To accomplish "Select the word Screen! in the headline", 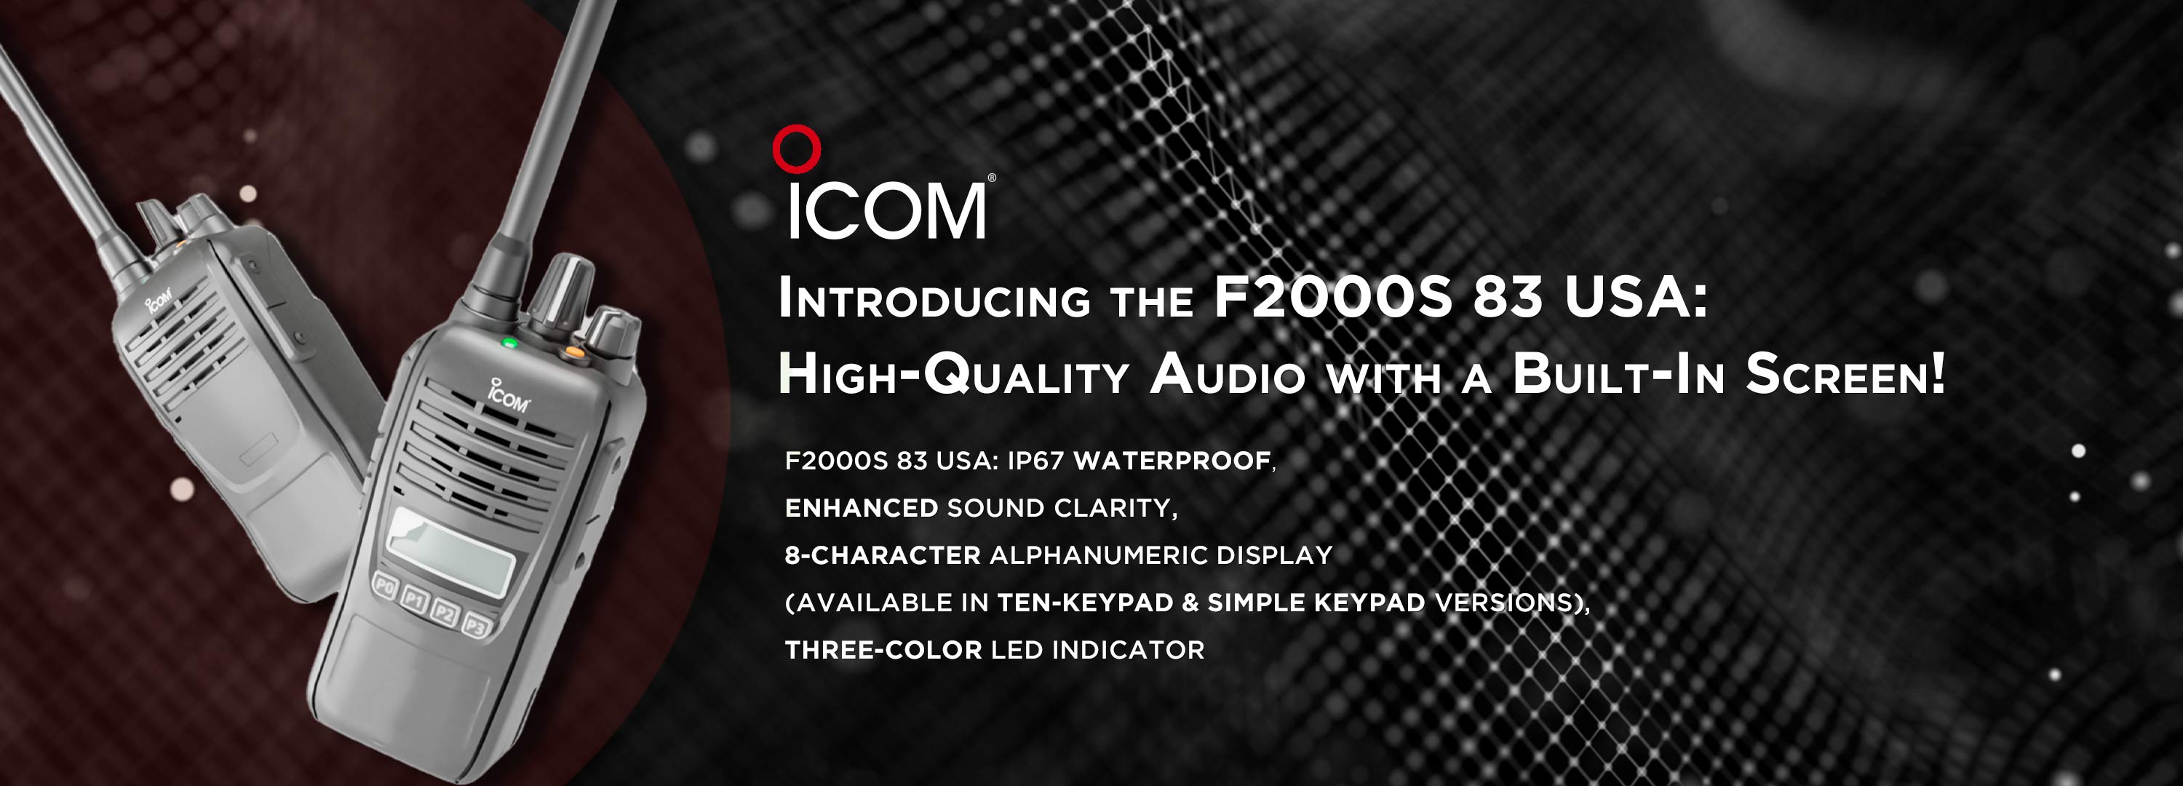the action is pyautogui.click(x=1845, y=374).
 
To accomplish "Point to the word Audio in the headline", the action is pyautogui.click(x=1228, y=374).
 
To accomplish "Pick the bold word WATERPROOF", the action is pyautogui.click(x=1172, y=461).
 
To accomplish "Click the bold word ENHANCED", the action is pyautogui.click(x=861, y=508).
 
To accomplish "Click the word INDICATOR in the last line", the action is pyautogui.click(x=1128, y=651).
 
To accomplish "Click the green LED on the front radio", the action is pyautogui.click(x=509, y=344).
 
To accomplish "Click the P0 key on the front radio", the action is pyautogui.click(x=386, y=586).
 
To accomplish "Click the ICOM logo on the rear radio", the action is pyautogui.click(x=159, y=299).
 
